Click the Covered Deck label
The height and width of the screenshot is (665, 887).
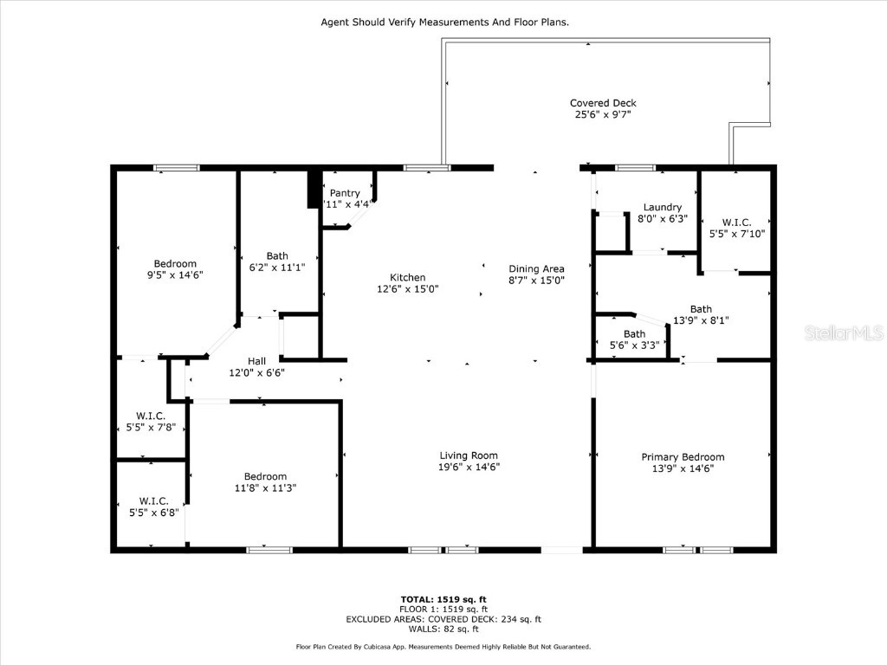coord(602,103)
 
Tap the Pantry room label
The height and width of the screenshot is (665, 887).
coord(345,193)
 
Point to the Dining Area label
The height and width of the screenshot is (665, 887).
coord(536,268)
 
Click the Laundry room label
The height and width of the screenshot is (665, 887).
coord(662,207)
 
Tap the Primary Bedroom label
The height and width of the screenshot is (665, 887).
coord(683,457)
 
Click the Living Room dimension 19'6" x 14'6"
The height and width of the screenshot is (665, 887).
coord(469,468)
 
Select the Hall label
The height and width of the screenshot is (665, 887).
coord(256,361)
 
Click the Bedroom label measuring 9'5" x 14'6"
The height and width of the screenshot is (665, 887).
coord(175,264)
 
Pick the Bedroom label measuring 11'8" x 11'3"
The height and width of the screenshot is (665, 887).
coord(265,476)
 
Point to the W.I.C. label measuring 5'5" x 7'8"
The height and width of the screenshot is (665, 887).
coord(151,416)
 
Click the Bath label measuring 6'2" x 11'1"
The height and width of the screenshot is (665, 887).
coord(277,255)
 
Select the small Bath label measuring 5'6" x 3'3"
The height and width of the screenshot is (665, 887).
coord(634,334)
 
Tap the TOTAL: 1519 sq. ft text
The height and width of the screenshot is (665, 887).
coord(443,599)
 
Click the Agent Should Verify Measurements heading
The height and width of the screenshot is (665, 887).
coord(444,23)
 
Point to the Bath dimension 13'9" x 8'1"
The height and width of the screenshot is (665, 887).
coord(701,320)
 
